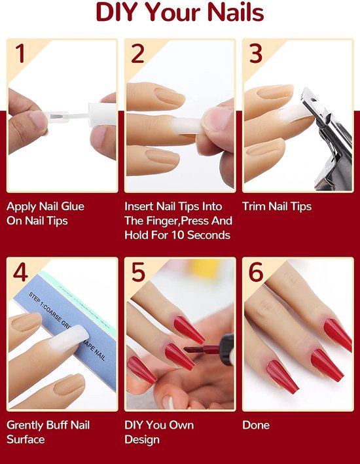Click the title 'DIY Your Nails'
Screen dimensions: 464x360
(x=180, y=14)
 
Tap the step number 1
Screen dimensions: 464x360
(x=21, y=53)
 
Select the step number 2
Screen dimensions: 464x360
(x=137, y=53)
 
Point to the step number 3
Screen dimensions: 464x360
(x=255, y=53)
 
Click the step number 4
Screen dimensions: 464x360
(x=21, y=272)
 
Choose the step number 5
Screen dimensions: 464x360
(x=137, y=272)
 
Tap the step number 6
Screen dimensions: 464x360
(x=255, y=272)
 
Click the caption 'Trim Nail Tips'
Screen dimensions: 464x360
(x=277, y=207)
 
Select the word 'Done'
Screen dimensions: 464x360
(x=256, y=425)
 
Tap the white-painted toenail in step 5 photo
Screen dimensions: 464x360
(x=169, y=402)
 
